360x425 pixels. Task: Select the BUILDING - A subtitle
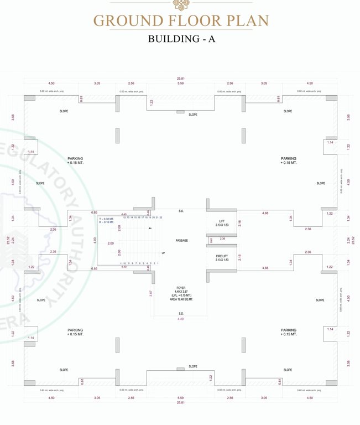point(181,39)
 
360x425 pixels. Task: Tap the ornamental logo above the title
point(180,5)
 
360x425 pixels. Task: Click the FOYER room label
point(181,288)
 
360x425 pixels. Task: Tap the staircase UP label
point(163,253)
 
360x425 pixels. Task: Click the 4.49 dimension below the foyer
point(181,319)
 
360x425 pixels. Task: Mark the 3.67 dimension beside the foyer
point(150,293)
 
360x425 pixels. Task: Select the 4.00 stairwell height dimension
point(95,240)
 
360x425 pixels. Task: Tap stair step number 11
point(121,263)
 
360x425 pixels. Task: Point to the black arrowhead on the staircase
point(149,227)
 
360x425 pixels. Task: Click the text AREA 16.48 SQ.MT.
point(181,300)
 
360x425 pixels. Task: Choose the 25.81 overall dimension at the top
point(181,78)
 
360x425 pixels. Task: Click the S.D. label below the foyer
point(181,313)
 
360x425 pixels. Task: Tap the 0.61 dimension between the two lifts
point(211,240)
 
